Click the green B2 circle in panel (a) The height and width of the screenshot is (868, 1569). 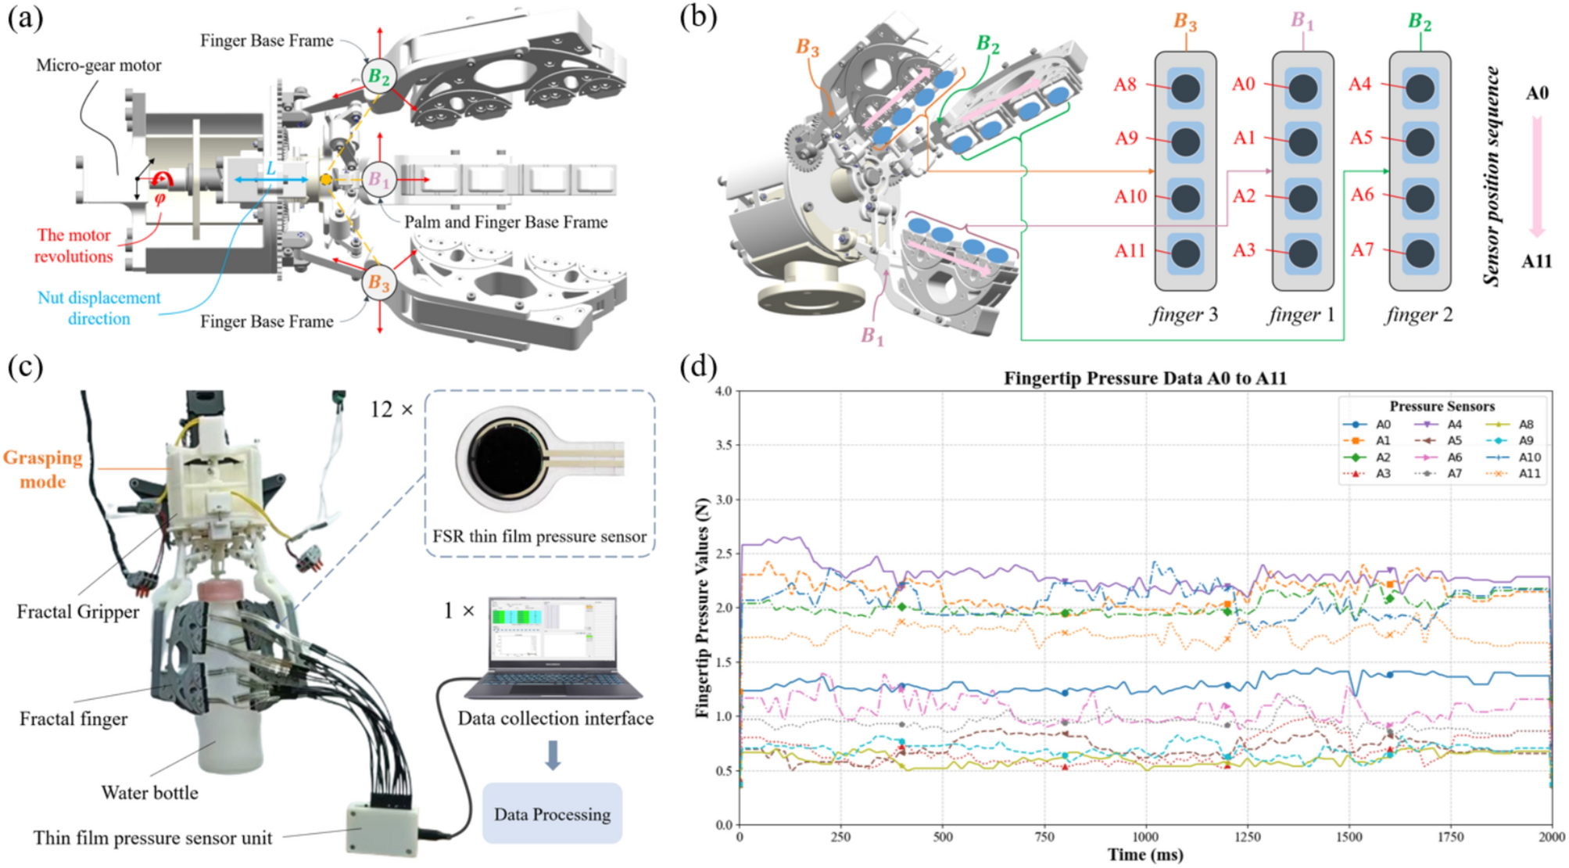[x=379, y=77]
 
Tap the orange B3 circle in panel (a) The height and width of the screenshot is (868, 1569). [x=379, y=282]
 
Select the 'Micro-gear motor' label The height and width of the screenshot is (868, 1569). [x=99, y=66]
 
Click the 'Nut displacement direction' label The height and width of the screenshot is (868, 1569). [x=99, y=308]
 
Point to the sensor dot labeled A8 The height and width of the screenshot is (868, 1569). [x=1185, y=88]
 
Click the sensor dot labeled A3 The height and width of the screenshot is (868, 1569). [x=1302, y=253]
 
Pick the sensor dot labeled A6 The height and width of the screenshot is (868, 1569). [x=1420, y=199]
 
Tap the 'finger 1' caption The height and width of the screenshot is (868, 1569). [x=1302, y=315]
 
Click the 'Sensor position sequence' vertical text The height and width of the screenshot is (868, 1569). [x=1491, y=176]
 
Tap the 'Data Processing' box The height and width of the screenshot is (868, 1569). [x=552, y=814]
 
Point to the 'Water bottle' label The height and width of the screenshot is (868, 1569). [x=149, y=793]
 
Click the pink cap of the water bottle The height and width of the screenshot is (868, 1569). [x=224, y=589]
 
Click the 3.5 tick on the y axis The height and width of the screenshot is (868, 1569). [x=723, y=445]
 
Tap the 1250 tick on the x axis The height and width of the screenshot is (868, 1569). [x=1247, y=838]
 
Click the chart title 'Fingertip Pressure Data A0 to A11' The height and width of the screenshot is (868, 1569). [x=1145, y=378]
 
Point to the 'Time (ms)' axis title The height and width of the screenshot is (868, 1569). [x=1145, y=855]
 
